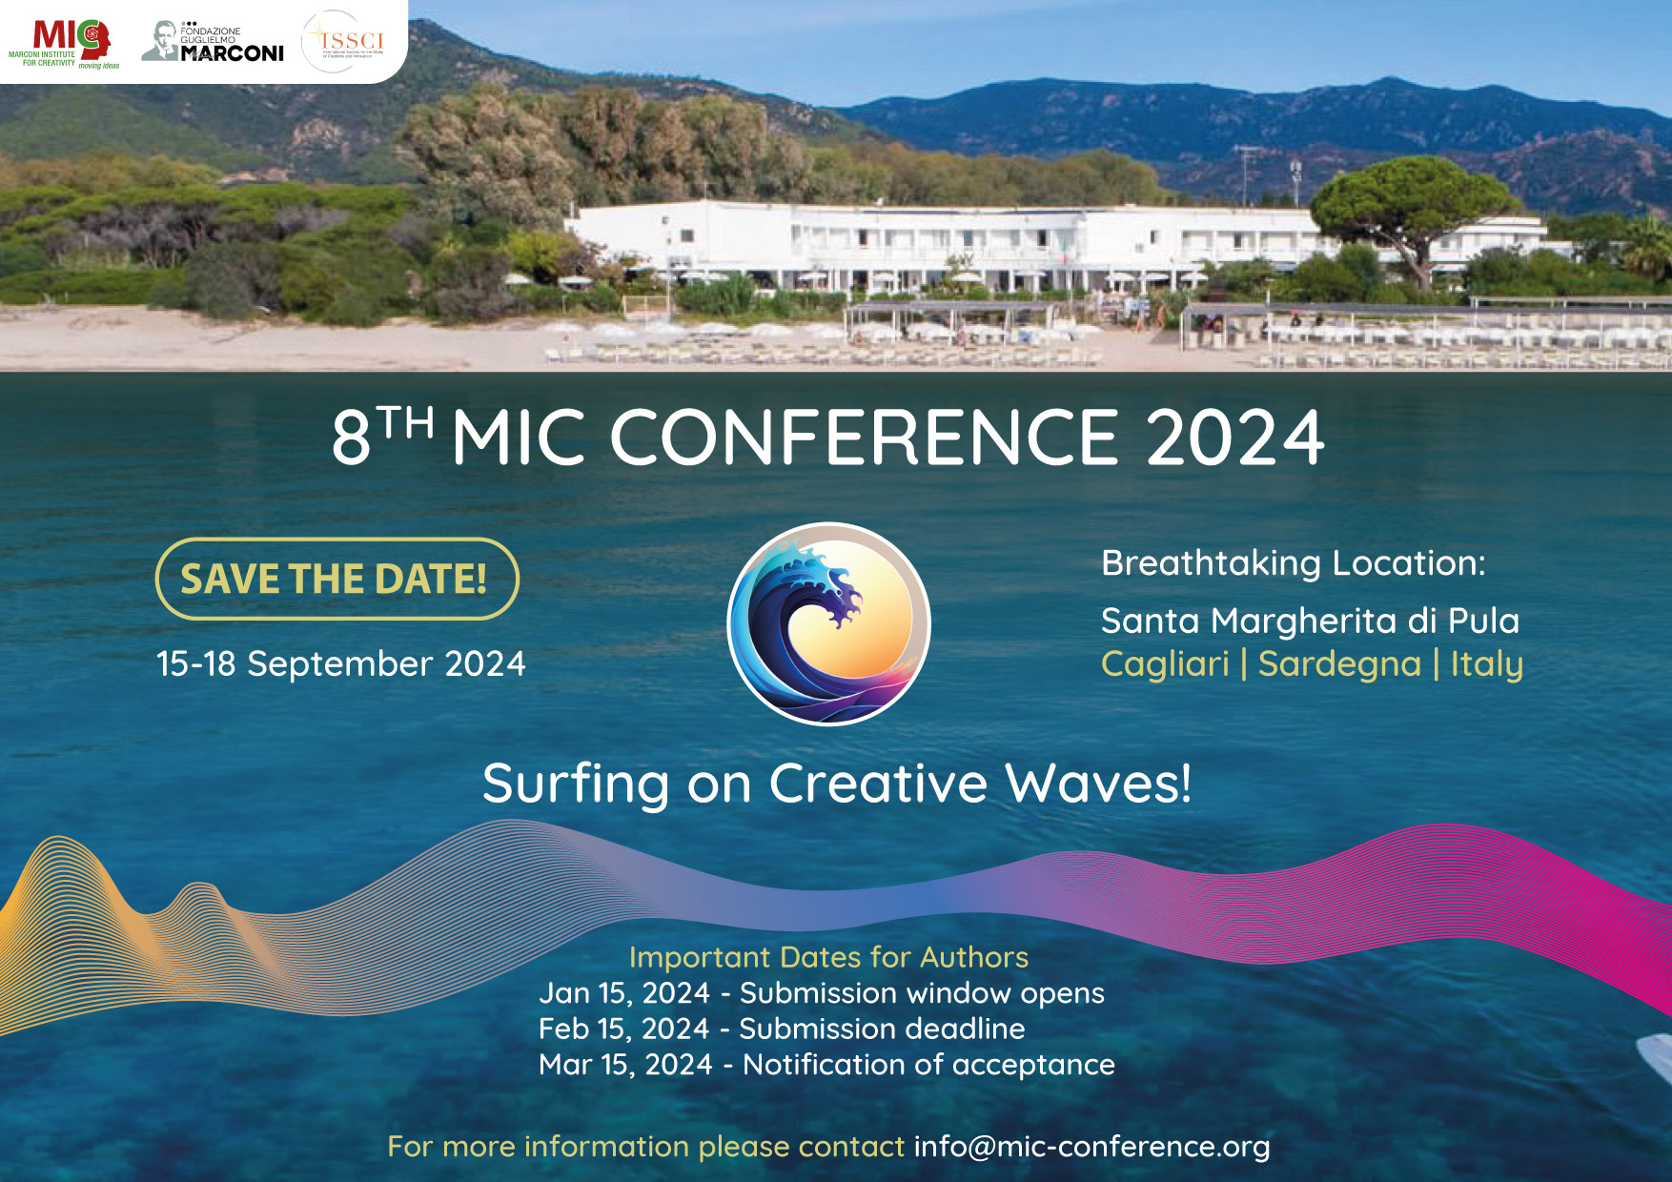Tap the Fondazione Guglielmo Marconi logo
(x=214, y=43)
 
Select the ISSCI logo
(x=344, y=42)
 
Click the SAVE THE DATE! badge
(x=336, y=579)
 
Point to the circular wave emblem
(x=828, y=624)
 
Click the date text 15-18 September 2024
(x=340, y=663)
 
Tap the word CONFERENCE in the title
(x=863, y=438)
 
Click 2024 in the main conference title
(x=1234, y=438)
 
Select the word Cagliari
(x=1165, y=663)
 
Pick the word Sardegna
(x=1339, y=663)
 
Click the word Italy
(x=1486, y=663)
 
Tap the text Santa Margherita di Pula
(x=1310, y=621)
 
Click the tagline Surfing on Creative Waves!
(x=837, y=784)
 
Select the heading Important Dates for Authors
(x=828, y=957)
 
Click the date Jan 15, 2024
(x=624, y=993)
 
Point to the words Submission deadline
(x=882, y=1029)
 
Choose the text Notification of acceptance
(x=928, y=1065)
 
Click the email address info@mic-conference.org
(x=1091, y=1146)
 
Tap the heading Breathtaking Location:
(x=1294, y=563)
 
